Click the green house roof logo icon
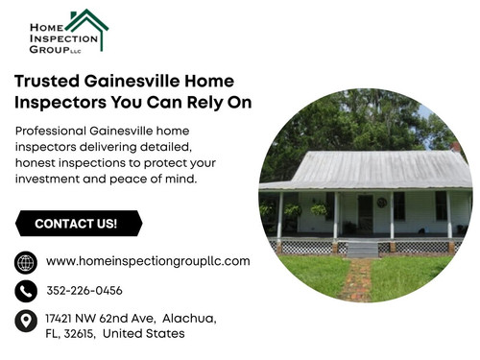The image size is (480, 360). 88,25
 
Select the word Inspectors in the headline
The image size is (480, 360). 61,103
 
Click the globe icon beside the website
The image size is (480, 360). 26,262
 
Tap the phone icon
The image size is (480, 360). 26,291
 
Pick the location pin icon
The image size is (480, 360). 26,321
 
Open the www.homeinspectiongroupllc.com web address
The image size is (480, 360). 148,261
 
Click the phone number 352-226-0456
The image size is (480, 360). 84,291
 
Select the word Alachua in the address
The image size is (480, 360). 189,318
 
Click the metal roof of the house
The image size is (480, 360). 374,169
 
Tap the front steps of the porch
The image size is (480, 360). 361,249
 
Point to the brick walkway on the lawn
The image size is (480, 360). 356,279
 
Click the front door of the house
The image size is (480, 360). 365,214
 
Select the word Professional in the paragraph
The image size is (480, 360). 56,129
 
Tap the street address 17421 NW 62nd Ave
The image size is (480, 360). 100,318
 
